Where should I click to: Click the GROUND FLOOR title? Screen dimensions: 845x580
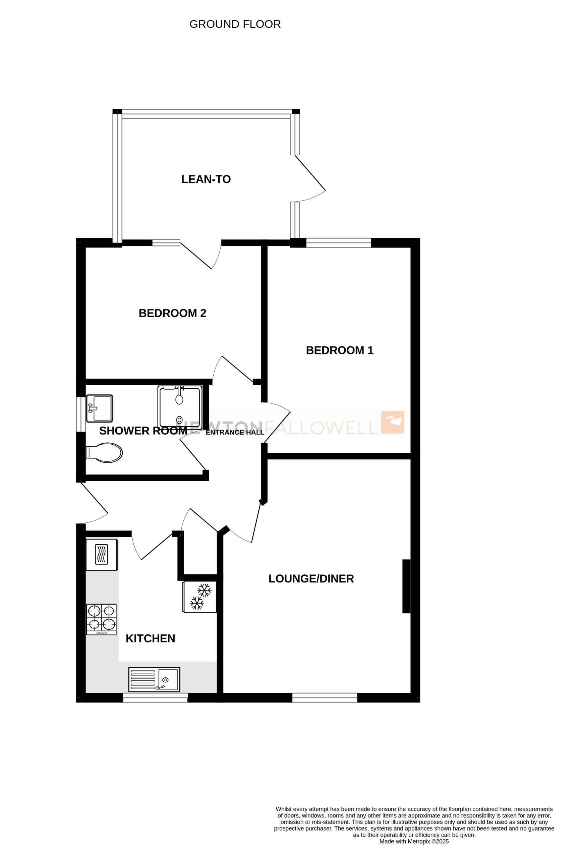click(235, 24)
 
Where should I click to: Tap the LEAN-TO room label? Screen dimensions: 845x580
click(206, 179)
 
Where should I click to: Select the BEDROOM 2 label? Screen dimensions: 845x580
click(172, 313)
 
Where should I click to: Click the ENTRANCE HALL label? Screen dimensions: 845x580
click(235, 432)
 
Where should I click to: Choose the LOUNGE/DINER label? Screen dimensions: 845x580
click(311, 578)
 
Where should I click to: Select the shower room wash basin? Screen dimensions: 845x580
click(100, 408)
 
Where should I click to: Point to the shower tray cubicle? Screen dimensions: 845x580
click(180, 406)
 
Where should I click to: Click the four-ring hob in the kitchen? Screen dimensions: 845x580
click(102, 619)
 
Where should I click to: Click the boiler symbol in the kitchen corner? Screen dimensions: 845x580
click(102, 555)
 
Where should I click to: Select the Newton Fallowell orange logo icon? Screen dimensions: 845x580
click(392, 422)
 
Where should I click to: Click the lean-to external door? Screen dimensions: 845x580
click(310, 173)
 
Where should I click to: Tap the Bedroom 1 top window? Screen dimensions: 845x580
click(339, 242)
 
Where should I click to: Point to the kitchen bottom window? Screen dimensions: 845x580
click(155, 697)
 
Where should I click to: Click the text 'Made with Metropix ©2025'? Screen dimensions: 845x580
click(414, 841)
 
